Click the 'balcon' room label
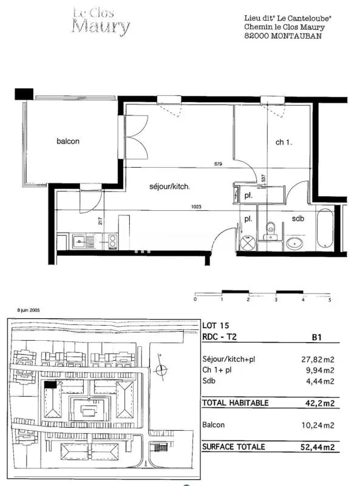coord(68,142)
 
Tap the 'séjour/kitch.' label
coord(169,187)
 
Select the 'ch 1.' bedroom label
coord(284,142)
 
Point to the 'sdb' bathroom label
coord(297,219)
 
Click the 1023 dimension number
coord(197,207)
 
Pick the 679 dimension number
coord(218,164)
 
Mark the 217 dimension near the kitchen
coord(100,221)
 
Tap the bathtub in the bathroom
coord(325,228)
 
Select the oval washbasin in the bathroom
coord(294,244)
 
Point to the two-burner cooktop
coord(113,242)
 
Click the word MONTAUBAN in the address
coord(296,36)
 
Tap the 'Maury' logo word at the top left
coord(101,26)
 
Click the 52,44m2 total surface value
coord(318,447)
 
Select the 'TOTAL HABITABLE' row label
coord(235,403)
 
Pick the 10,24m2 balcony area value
coord(318,425)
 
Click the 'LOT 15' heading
coord(216,326)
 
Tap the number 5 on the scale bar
coord(330,299)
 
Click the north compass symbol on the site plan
coord(161,369)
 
